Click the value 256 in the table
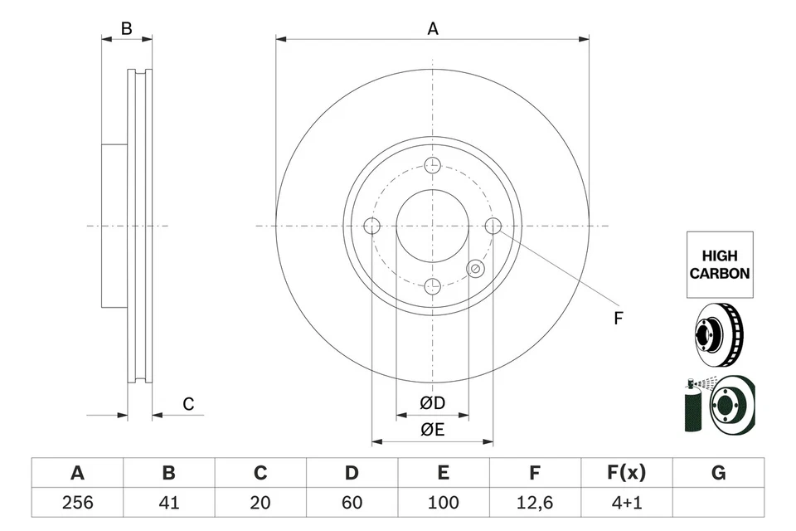(x=77, y=502)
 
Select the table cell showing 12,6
(x=535, y=502)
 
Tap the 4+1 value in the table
(x=626, y=502)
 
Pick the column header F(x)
(x=626, y=473)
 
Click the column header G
(x=718, y=473)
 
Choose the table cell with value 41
(x=168, y=502)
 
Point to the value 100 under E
(x=444, y=502)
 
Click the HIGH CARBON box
(x=720, y=265)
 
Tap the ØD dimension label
(x=432, y=403)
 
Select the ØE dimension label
(x=432, y=429)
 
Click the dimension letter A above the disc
(x=432, y=29)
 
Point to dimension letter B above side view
(x=126, y=29)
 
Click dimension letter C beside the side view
(x=188, y=404)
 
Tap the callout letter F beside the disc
(x=618, y=318)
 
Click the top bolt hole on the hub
(x=432, y=165)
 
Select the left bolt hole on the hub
(x=371, y=226)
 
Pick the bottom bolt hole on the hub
(x=432, y=286)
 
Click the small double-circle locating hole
(x=475, y=268)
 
